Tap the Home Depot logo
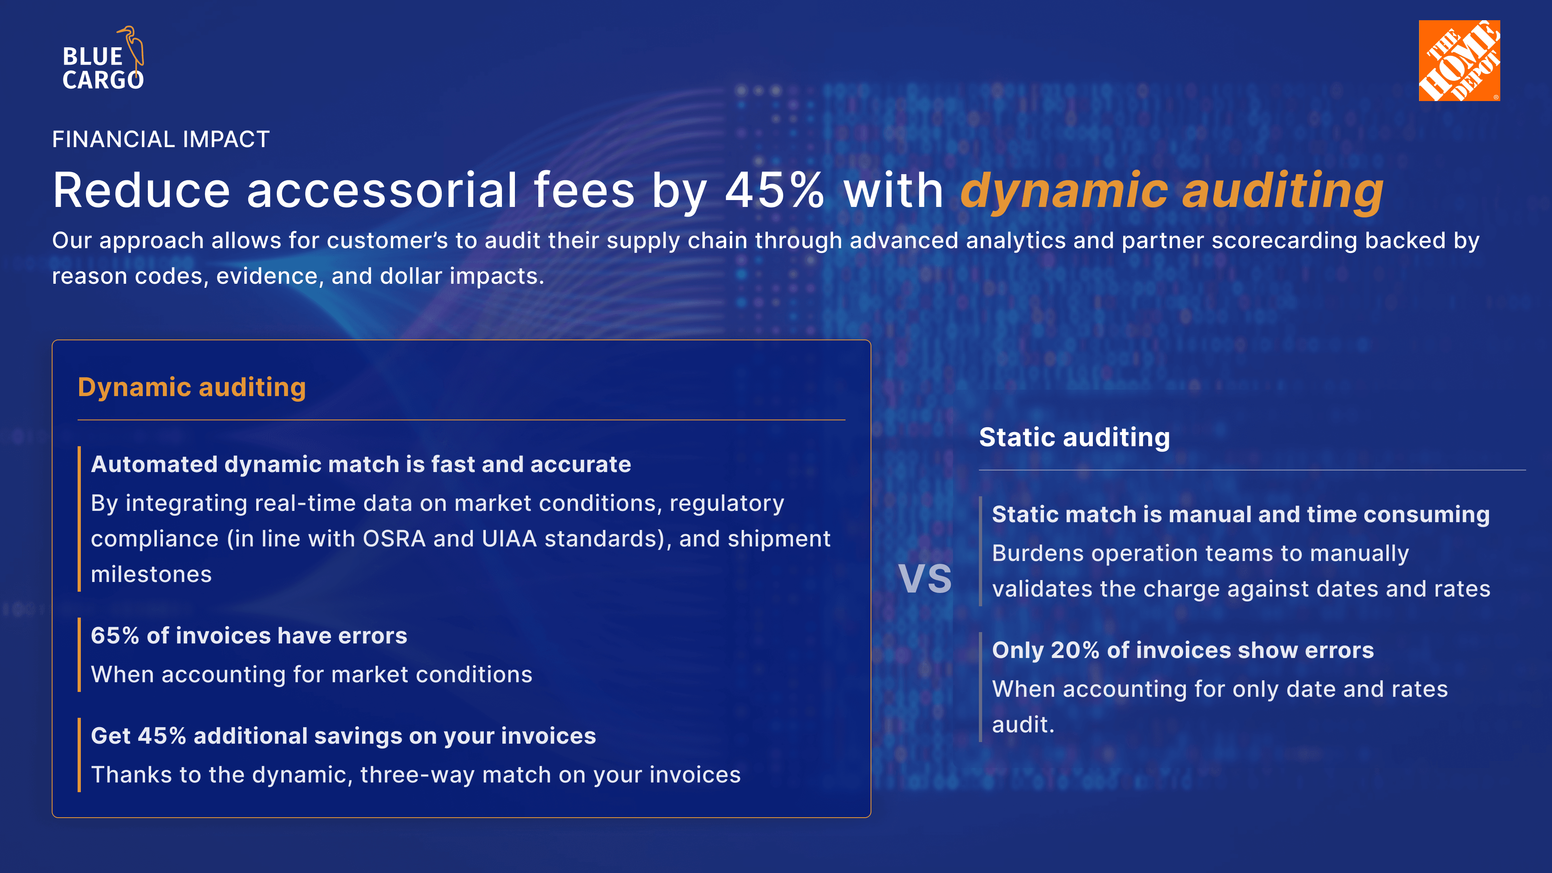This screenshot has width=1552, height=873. pyautogui.click(x=1459, y=60)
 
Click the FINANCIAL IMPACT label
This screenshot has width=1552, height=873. pyautogui.click(x=160, y=139)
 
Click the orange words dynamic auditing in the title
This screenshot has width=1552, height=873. pyautogui.click(x=1172, y=192)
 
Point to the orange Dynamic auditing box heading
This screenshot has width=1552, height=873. pyautogui.click(x=192, y=388)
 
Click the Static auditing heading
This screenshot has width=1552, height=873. pyautogui.click(x=1074, y=437)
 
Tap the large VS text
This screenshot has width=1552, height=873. pyautogui.click(x=925, y=579)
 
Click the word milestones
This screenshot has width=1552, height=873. pyautogui.click(x=151, y=575)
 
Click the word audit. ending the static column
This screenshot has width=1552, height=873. pyautogui.click(x=1023, y=725)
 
